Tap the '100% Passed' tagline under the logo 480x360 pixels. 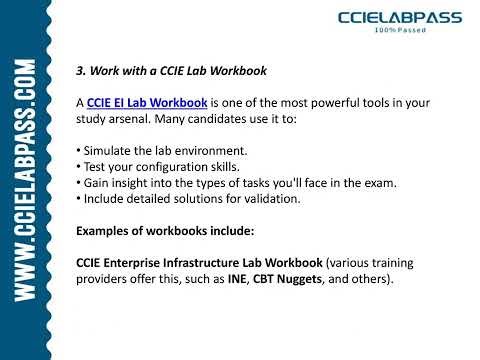401,32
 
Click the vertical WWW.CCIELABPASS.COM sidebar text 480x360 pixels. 26,179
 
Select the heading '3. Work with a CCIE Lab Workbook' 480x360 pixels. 173,71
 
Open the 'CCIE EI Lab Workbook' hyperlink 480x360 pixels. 147,102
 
